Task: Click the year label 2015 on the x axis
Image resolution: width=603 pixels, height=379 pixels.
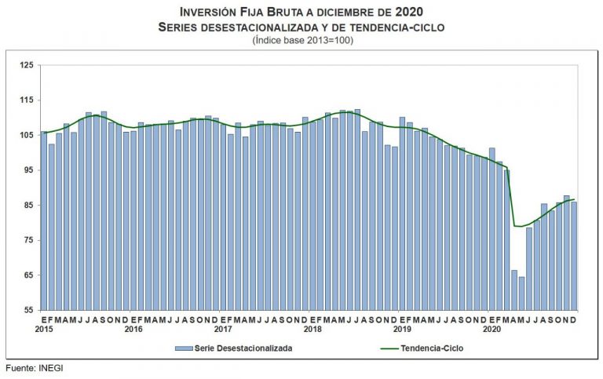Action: (44, 329)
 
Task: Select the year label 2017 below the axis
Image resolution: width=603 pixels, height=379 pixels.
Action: (223, 329)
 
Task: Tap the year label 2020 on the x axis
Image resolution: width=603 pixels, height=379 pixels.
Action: (492, 329)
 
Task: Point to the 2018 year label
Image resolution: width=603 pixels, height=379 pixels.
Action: (312, 329)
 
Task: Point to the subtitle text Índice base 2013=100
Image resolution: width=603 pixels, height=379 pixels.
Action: (302, 40)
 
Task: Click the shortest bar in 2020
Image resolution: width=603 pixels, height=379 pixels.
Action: (521, 293)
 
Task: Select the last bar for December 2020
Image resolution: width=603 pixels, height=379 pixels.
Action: (574, 256)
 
